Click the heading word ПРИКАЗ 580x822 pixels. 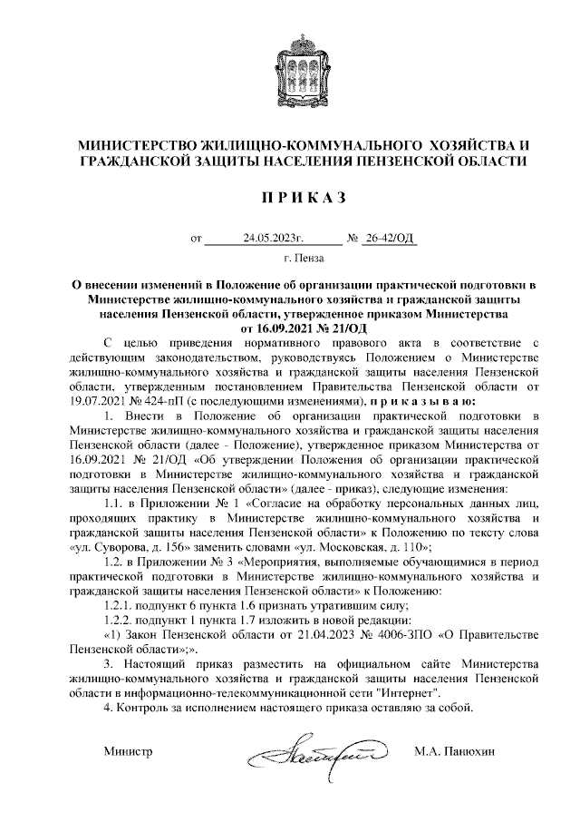point(289,197)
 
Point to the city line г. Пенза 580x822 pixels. point(290,259)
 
